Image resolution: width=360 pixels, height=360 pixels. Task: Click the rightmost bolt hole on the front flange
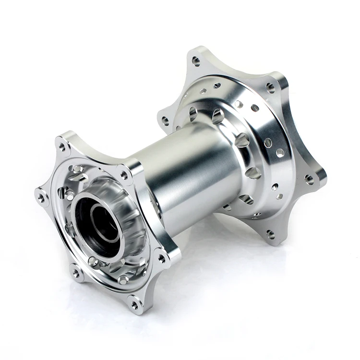[162, 258]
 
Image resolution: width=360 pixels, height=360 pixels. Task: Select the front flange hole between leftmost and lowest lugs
[75, 273]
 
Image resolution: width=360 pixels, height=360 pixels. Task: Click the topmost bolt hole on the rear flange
[196, 60]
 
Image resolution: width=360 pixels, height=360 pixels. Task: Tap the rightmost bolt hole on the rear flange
[310, 180]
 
